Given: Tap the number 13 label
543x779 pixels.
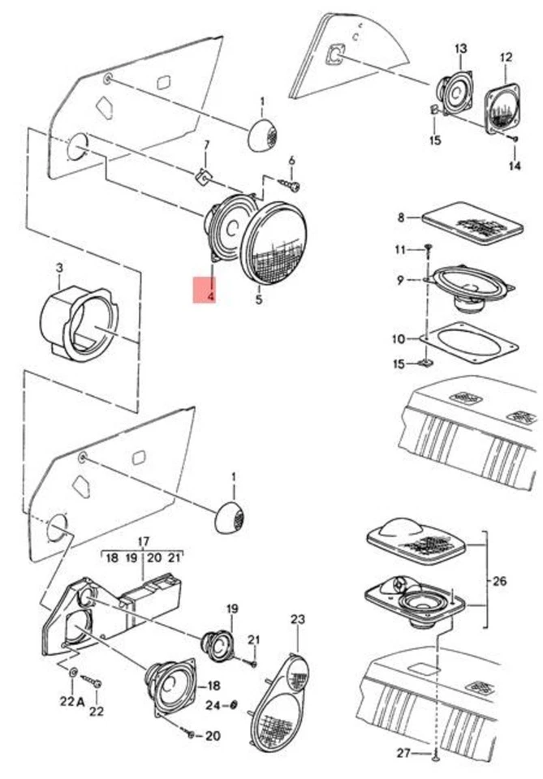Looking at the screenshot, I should pos(461,49).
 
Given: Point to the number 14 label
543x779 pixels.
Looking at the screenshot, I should pos(515,166).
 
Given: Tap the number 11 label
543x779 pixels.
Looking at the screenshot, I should pos(399,248).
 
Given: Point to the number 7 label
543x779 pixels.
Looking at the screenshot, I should pos(206,145).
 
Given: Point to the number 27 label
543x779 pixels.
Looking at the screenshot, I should pos(403,753).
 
